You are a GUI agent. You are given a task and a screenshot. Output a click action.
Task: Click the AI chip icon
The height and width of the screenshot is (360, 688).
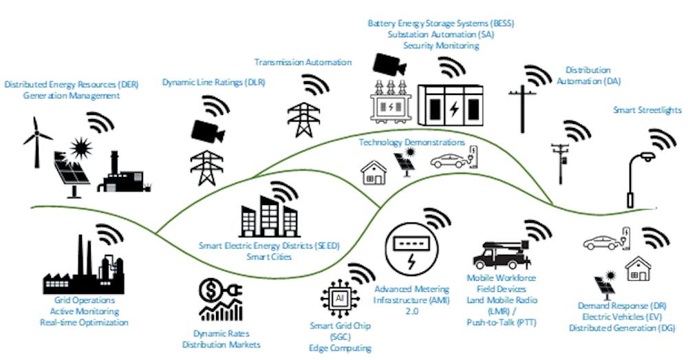tap(338, 299)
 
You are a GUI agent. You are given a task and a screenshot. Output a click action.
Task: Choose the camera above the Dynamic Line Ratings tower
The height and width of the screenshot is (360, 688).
tap(208, 130)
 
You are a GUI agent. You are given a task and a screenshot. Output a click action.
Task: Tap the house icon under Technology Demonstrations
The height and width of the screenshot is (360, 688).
tap(374, 172)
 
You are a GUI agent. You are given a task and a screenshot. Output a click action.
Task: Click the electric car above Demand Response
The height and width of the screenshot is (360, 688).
tap(604, 242)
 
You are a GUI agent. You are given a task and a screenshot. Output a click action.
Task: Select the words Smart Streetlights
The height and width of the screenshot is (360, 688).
tap(646, 110)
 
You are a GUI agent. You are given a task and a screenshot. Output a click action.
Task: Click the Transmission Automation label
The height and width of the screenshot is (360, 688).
tap(303, 62)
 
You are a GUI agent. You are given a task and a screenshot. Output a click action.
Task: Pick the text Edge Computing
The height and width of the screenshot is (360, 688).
tap(340, 348)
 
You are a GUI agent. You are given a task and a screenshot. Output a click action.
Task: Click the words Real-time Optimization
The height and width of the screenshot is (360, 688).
tap(84, 322)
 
